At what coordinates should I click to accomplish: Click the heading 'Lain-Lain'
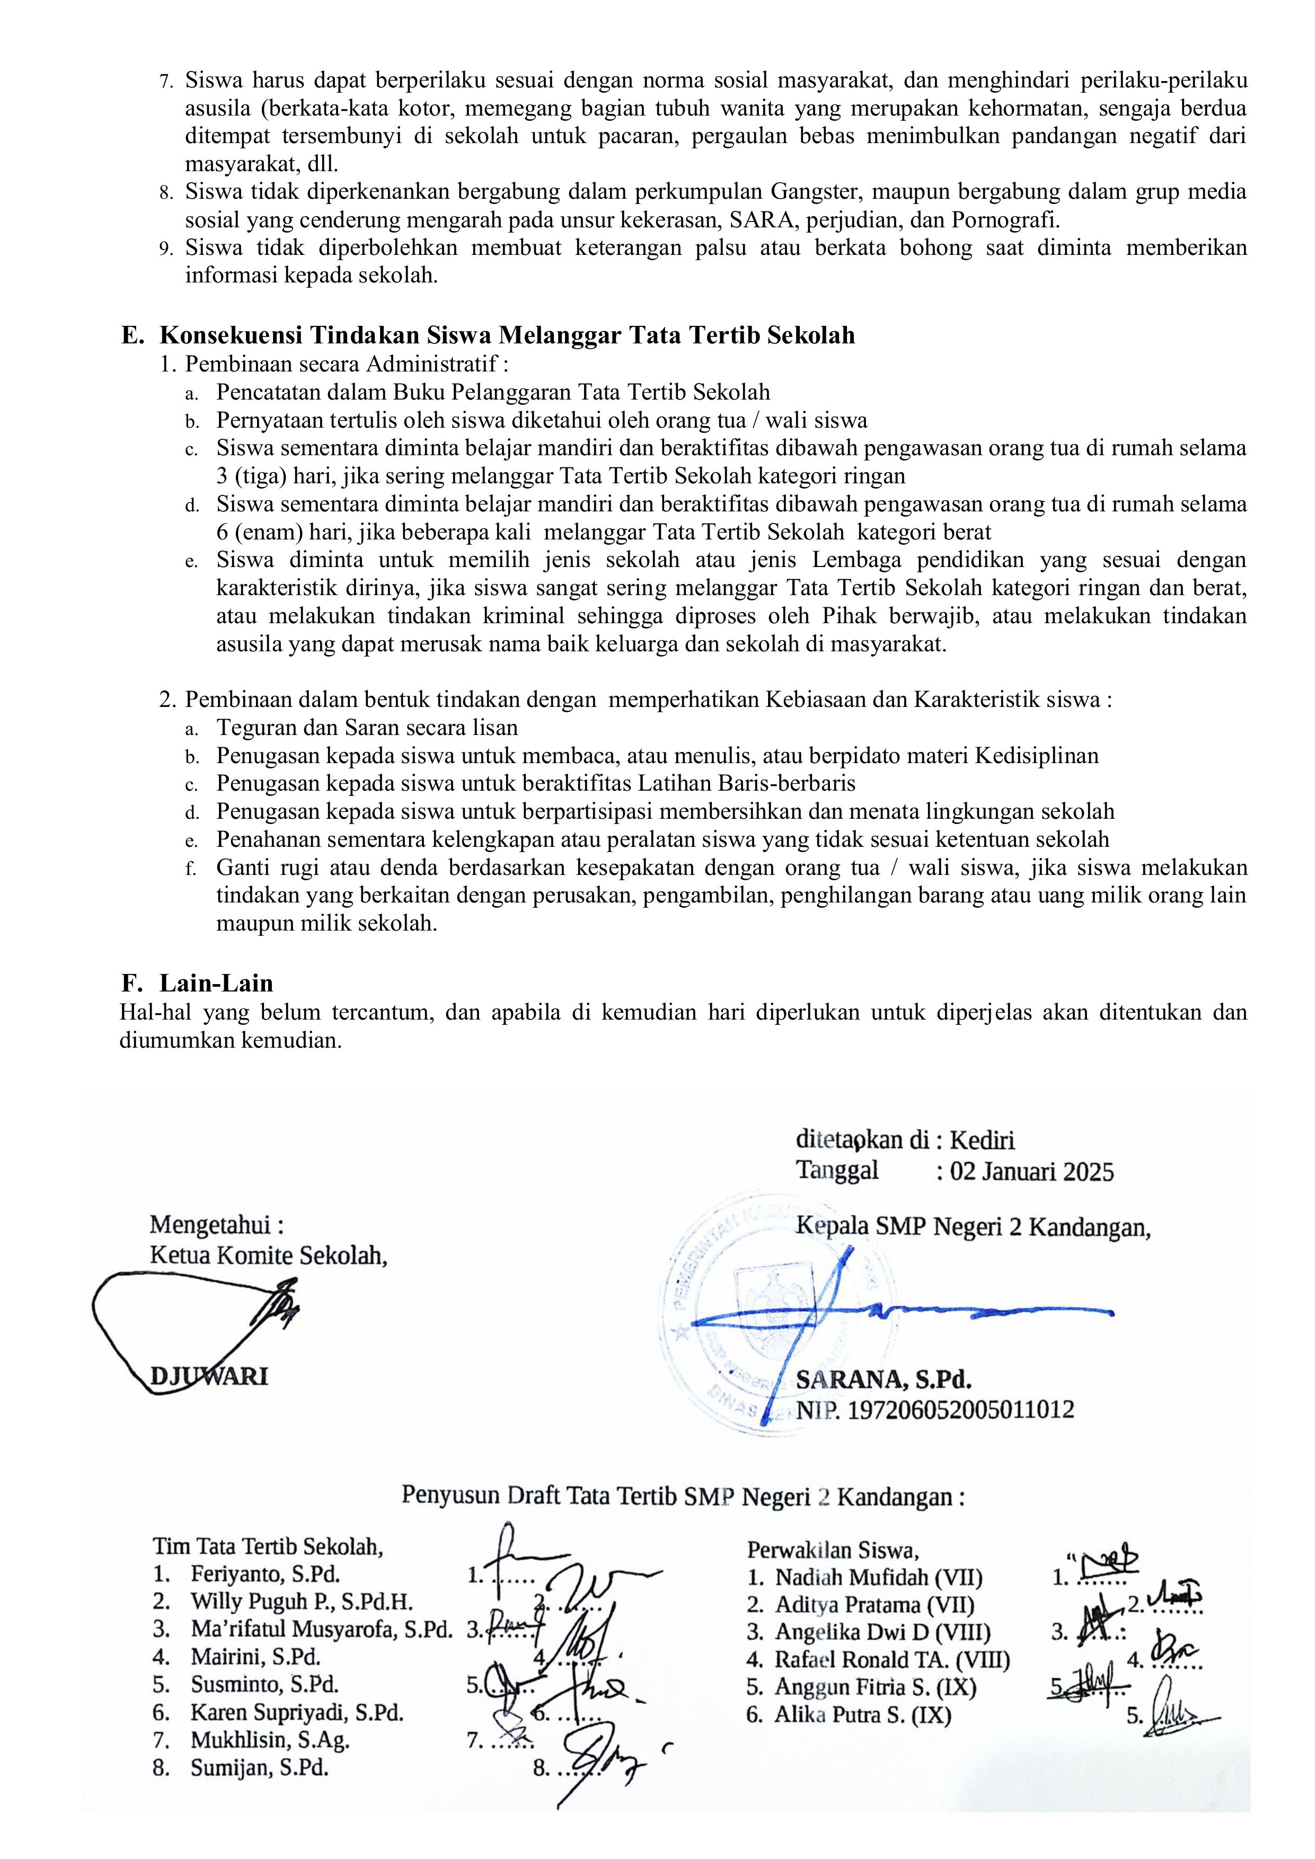click(x=216, y=983)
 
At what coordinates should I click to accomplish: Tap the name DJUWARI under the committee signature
click(x=209, y=1376)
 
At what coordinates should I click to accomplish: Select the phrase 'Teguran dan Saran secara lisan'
click(x=367, y=727)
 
